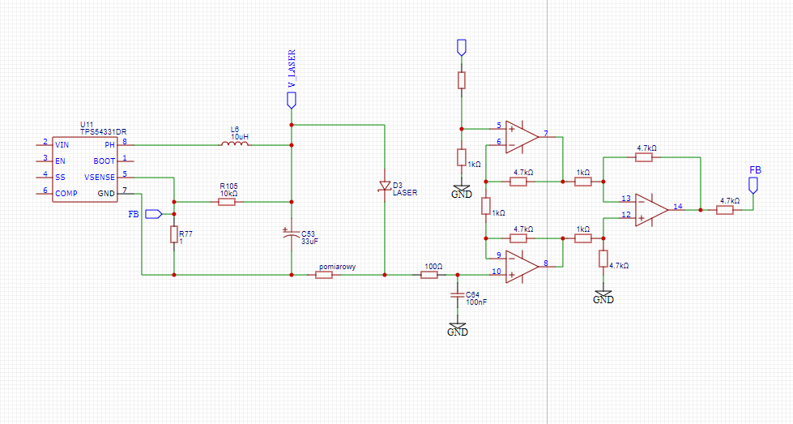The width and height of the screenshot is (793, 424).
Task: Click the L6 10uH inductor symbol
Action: pos(234,143)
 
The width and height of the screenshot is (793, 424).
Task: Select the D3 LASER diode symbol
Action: pos(385,186)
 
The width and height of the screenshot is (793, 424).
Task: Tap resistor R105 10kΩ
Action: pos(227,202)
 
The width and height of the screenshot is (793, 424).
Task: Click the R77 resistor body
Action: pos(174,235)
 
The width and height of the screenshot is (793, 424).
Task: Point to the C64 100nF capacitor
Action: pos(457,295)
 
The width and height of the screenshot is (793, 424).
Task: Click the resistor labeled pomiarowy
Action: pos(324,275)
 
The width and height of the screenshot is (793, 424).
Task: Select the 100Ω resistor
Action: pos(428,275)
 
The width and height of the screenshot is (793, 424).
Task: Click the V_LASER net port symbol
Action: pos(292,101)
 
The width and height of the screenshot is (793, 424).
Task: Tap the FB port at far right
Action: pos(753,185)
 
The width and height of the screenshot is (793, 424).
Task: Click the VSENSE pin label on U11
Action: pos(100,177)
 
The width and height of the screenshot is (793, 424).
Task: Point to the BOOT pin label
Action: pos(104,161)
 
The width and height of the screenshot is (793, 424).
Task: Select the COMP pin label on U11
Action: pos(66,193)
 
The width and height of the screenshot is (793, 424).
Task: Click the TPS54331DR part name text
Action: pos(103,131)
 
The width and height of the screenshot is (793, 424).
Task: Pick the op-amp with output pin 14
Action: pos(652,209)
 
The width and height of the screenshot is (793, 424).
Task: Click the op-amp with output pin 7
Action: pos(522,137)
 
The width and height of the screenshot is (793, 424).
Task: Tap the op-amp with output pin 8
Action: pos(522,266)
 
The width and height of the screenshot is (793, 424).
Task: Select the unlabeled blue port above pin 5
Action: pos(461,47)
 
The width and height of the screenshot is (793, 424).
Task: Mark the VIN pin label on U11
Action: pos(62,144)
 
